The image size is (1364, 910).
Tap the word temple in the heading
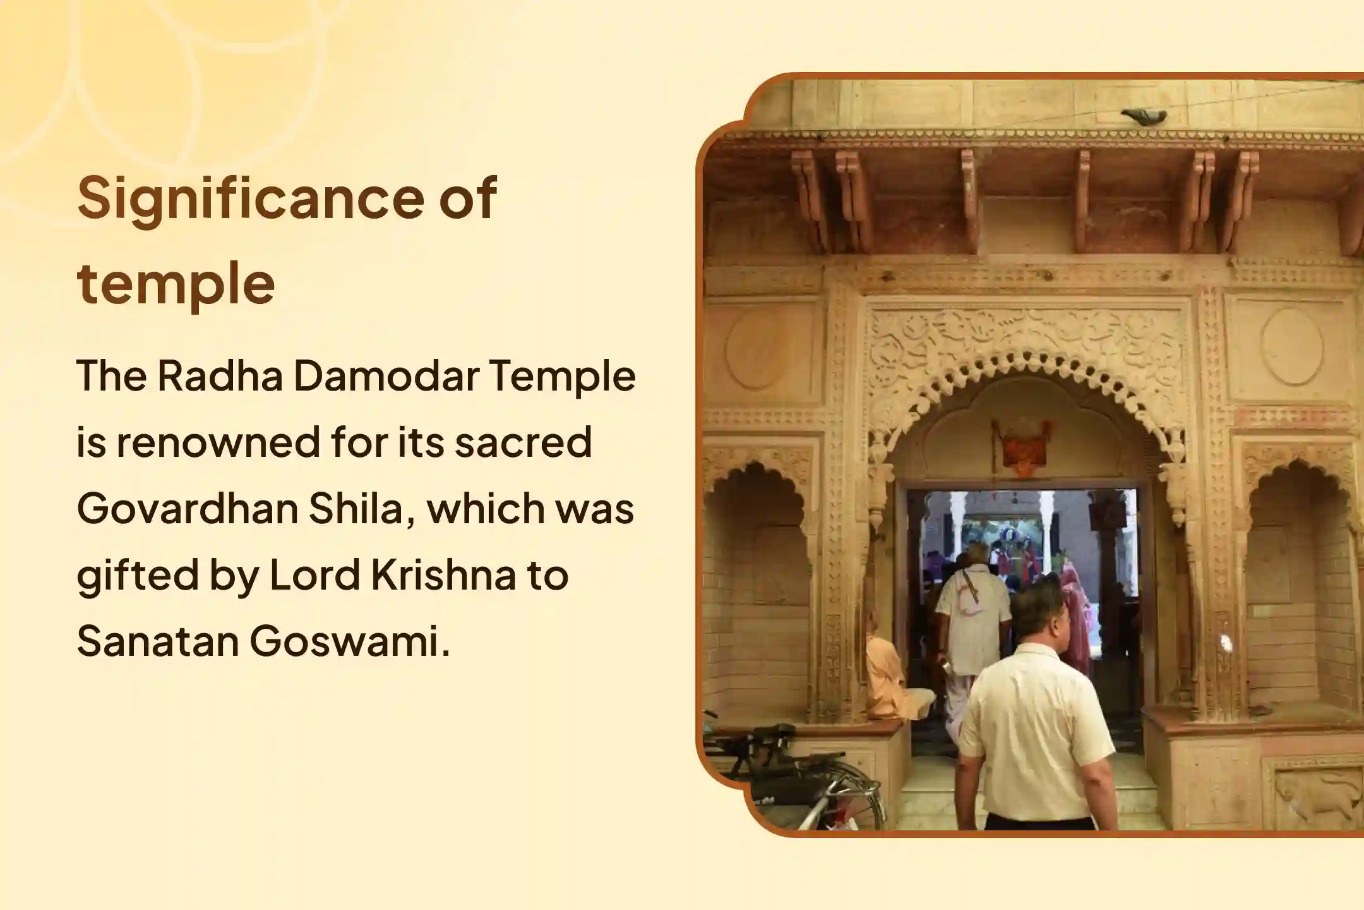(x=176, y=284)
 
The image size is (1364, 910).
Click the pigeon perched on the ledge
(x=1144, y=115)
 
